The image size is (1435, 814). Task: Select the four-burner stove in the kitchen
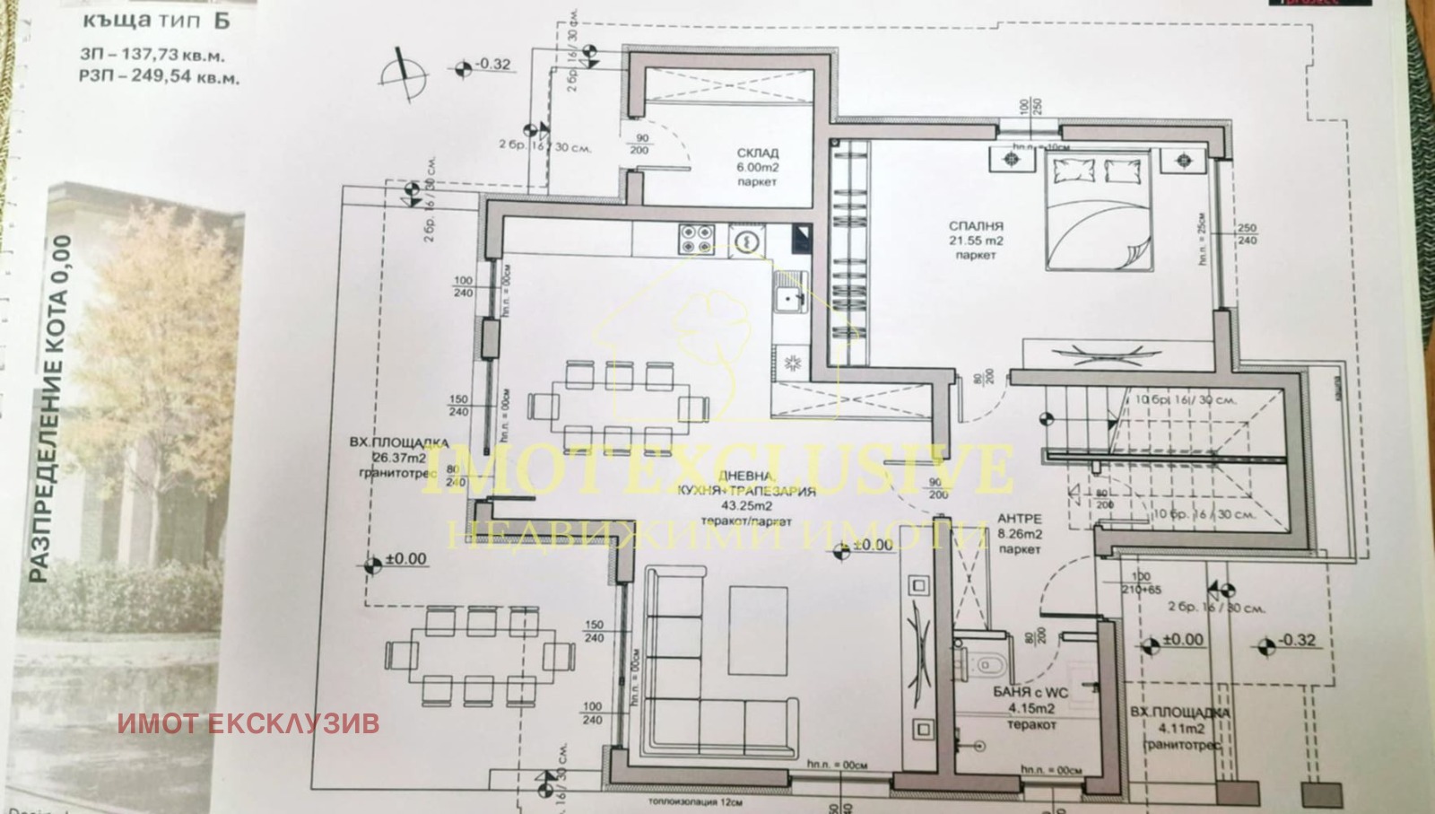coord(697,238)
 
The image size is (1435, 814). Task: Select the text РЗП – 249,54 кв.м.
coord(159,78)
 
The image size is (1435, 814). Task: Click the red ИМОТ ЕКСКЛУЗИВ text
coord(248,723)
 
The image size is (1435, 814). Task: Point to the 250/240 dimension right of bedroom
coord(1247,234)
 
